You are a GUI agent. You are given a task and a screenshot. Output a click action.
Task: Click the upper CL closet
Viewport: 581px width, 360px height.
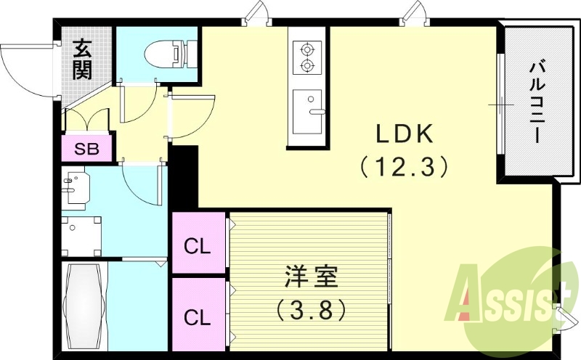coord(198,245)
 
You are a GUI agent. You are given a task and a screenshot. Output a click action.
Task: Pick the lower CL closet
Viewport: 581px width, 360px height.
coord(198,316)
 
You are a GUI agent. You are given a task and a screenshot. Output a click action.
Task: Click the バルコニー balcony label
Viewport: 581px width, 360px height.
coord(537,102)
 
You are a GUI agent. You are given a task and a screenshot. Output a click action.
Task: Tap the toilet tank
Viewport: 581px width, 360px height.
coord(191,53)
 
